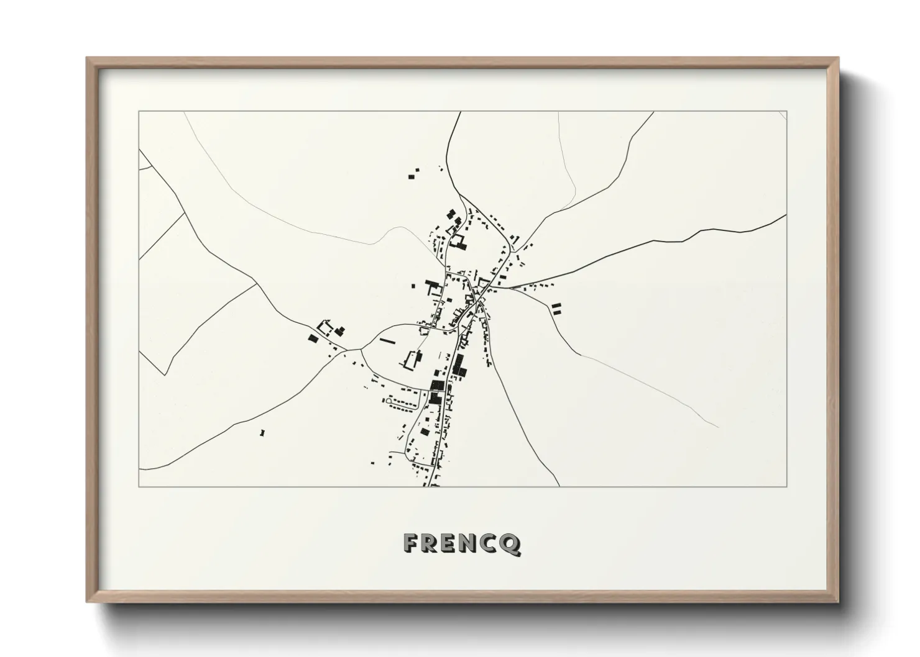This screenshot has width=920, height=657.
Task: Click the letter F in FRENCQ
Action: point(411,543)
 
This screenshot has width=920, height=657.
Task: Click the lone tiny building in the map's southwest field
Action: point(262,432)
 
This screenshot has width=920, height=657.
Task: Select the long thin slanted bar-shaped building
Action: point(387,340)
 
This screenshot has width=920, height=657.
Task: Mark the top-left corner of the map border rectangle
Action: point(139,112)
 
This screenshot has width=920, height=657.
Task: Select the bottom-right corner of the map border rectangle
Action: point(786,486)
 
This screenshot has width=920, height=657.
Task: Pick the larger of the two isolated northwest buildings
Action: point(412,176)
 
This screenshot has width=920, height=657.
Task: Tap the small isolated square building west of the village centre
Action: point(413,286)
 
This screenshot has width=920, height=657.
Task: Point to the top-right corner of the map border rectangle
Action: point(786,112)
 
